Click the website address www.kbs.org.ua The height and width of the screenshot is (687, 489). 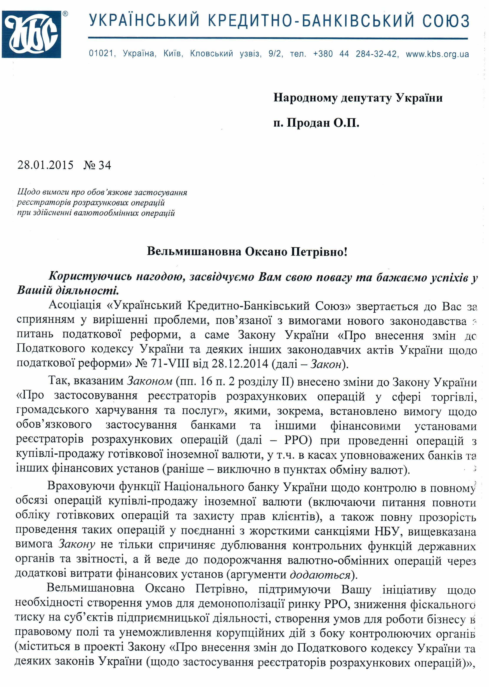(x=437, y=54)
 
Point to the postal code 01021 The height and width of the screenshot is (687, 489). (x=101, y=54)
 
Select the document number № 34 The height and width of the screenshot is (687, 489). (x=97, y=165)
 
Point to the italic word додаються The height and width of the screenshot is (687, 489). (x=320, y=575)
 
